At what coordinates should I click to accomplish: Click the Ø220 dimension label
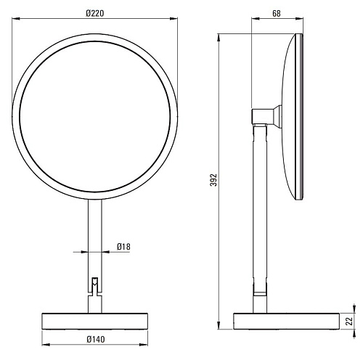click(x=95, y=13)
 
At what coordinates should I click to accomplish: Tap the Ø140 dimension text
click(x=96, y=339)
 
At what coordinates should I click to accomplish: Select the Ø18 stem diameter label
click(x=123, y=247)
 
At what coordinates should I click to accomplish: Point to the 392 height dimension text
click(x=213, y=180)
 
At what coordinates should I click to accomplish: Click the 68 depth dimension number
click(x=277, y=14)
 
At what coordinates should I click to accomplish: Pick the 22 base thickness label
click(x=349, y=322)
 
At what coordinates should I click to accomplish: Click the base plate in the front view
click(x=95, y=321)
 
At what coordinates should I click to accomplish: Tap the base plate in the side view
click(x=287, y=321)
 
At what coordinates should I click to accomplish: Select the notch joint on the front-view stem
click(x=95, y=286)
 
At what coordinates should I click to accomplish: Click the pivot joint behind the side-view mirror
click(x=266, y=116)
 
